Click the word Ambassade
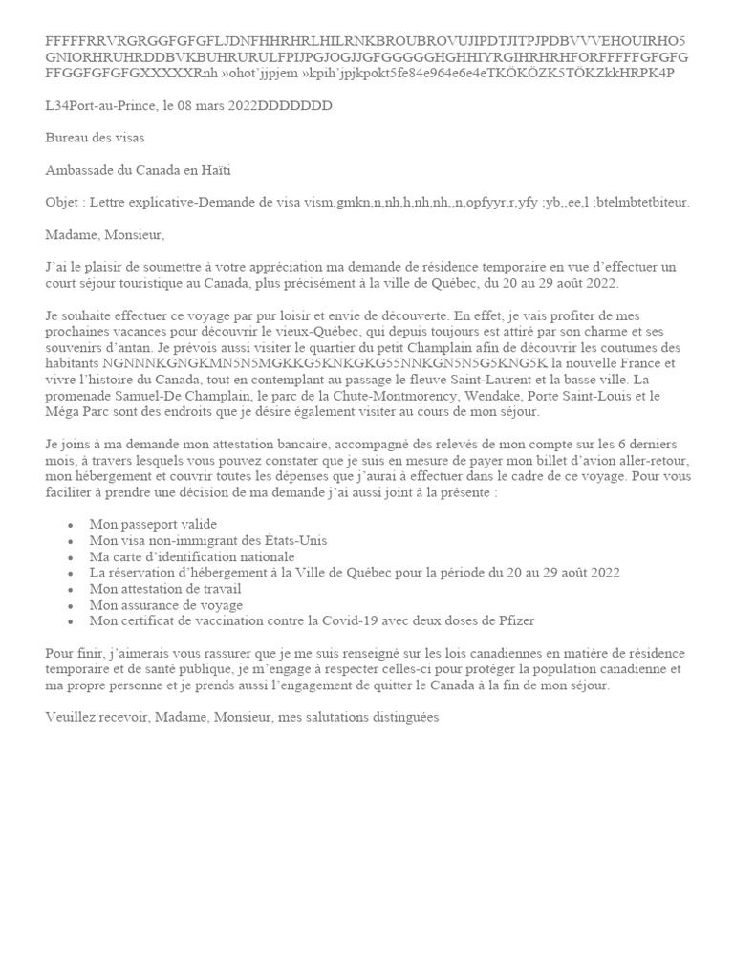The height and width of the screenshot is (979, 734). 79,170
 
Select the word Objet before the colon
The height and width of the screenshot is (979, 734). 62,202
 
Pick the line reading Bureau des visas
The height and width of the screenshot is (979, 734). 95,138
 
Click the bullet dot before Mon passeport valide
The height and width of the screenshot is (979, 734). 71,526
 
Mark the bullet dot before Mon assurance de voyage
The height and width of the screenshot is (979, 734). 71,605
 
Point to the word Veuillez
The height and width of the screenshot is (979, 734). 73,717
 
